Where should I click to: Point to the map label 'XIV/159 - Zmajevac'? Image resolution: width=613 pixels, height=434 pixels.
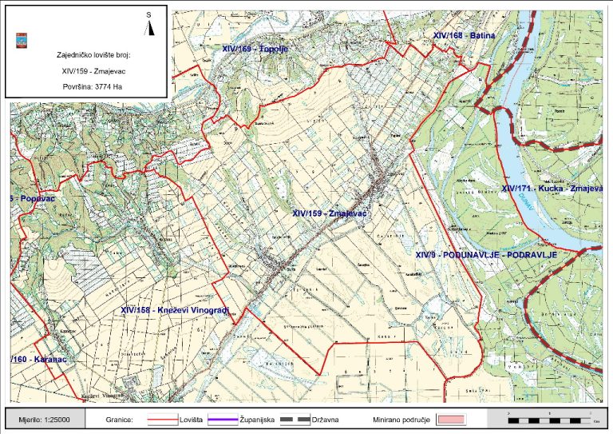pyautogui.click(x=329, y=213)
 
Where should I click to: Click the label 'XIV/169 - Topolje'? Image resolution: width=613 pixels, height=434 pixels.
pyautogui.click(x=254, y=49)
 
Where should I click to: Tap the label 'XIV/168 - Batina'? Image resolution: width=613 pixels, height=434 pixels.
pyautogui.click(x=465, y=36)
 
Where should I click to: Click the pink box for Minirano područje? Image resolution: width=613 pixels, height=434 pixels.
pyautogui.click(x=449, y=418)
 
